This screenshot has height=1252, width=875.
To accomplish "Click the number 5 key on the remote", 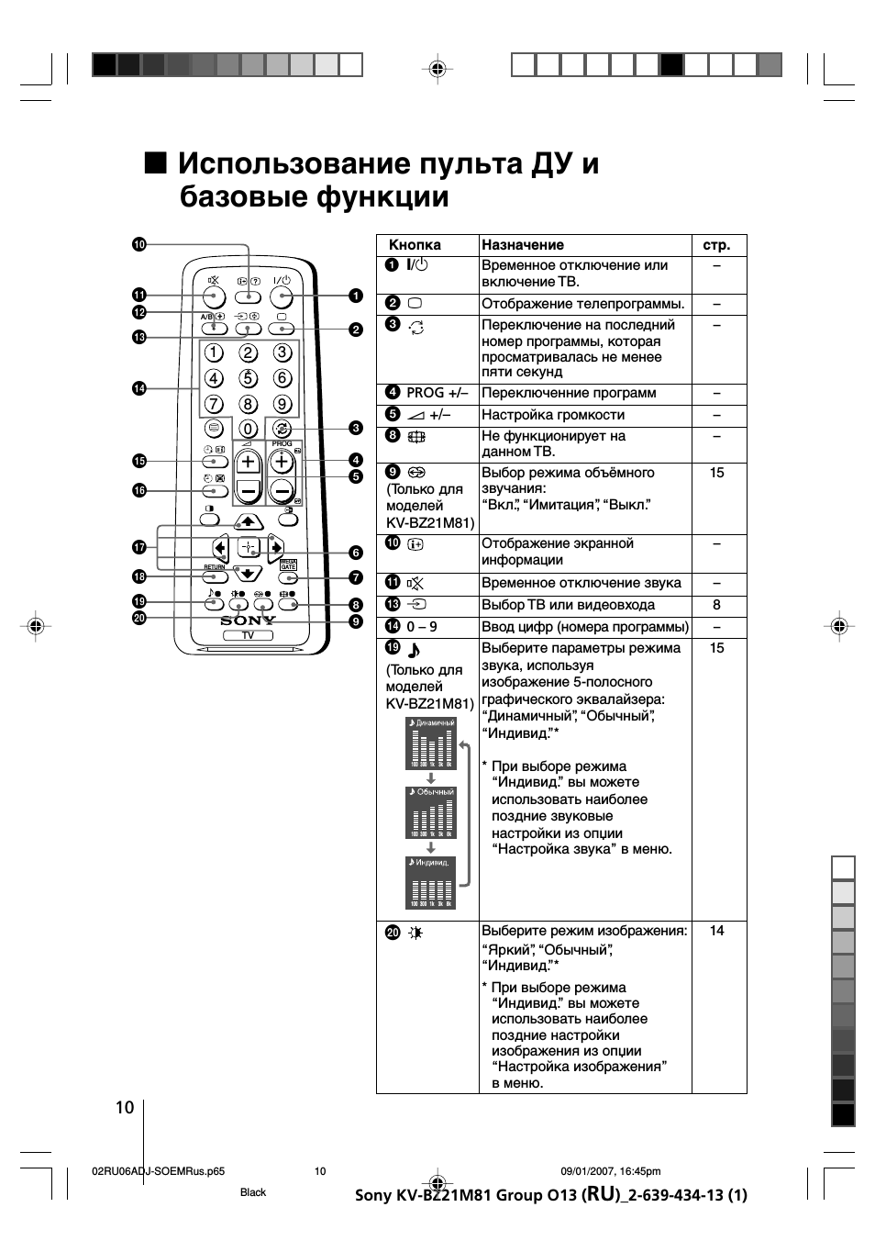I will [248, 378].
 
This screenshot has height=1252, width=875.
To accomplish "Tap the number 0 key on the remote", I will [248, 429].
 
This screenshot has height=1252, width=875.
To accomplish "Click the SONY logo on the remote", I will [248, 620].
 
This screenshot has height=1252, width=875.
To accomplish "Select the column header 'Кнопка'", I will [415, 245].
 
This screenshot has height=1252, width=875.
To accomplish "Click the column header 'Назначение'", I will [523, 245].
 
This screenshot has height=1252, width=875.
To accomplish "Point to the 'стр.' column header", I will [716, 245].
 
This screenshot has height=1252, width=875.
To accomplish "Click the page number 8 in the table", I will [716, 605].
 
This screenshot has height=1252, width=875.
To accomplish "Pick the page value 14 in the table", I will [716, 931].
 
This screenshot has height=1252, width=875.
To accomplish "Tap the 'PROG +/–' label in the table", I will [437, 393].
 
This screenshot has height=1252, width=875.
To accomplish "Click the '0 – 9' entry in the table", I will [422, 627].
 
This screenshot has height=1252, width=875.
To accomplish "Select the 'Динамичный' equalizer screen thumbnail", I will [431, 743].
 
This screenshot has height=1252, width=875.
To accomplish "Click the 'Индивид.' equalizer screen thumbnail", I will [431, 883].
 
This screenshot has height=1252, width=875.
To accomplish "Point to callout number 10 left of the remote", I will [139, 244].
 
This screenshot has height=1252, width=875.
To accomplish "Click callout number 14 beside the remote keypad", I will [139, 388].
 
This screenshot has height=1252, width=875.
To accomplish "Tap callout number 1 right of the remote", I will [355, 296].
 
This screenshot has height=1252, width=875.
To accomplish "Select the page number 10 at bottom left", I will [125, 1107].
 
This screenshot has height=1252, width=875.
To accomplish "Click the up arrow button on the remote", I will [248, 521].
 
